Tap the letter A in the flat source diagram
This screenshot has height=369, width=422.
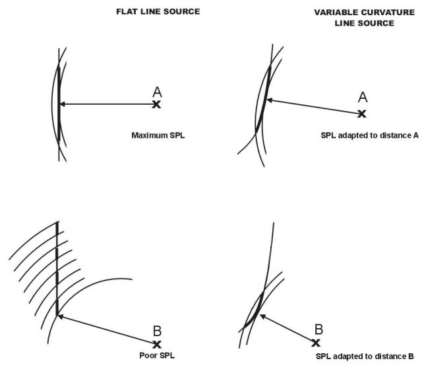coord(157,92)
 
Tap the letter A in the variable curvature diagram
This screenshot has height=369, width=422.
coord(362,98)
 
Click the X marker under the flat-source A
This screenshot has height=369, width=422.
coord(156,104)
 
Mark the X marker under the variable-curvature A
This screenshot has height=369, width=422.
coord(362,113)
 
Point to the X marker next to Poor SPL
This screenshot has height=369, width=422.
coord(157,344)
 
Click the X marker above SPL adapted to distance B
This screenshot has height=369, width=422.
coord(316,343)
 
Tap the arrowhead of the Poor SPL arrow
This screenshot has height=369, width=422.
coord(61,317)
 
